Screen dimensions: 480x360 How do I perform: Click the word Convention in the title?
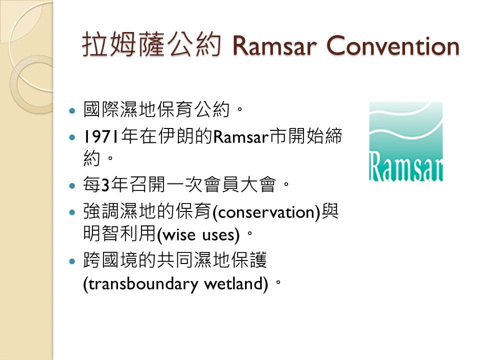pyautogui.click(x=393, y=46)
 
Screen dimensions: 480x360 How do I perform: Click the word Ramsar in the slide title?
pyautogui.click(x=274, y=46)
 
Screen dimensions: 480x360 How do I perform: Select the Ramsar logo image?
pyautogui.click(x=406, y=141)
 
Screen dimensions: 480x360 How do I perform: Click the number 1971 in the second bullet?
pyautogui.click(x=101, y=136)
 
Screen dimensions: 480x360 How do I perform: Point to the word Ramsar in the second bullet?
pyautogui.click(x=240, y=137)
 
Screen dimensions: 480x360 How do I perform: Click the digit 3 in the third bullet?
pyautogui.click(x=105, y=185)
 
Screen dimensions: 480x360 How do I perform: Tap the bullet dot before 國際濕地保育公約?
pyautogui.click(x=72, y=110)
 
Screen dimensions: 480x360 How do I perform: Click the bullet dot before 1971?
pyautogui.click(x=72, y=137)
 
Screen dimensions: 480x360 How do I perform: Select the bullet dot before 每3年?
pyautogui.click(x=72, y=185)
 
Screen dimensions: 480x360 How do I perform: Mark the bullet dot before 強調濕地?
pyautogui.click(x=72, y=212)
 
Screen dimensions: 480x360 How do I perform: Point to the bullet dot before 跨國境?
pyautogui.click(x=72, y=261)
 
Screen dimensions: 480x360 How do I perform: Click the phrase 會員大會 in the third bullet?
pyautogui.click(x=240, y=185)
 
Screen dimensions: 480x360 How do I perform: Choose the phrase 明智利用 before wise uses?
pyautogui.click(x=119, y=234)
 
